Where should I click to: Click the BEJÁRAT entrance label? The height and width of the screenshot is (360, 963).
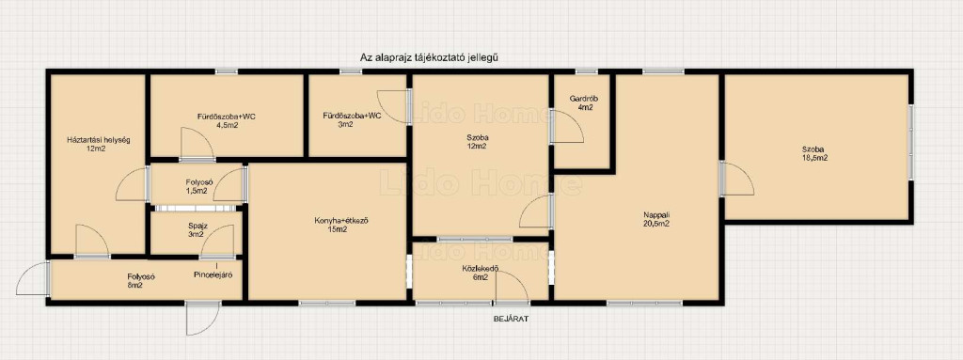point(511,319)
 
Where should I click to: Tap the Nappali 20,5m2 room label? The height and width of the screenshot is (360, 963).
point(655,219)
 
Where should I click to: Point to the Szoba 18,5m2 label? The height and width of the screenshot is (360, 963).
point(814,153)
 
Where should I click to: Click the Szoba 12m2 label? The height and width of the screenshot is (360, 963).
point(477,142)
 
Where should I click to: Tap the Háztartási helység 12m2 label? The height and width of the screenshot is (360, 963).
point(98,144)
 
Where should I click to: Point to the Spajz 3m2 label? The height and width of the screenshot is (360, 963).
point(197,229)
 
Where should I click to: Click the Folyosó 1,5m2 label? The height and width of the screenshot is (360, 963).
point(199,187)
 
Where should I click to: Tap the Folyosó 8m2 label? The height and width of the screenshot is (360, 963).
point(141,281)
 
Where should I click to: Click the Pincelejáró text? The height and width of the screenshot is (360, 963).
point(213,274)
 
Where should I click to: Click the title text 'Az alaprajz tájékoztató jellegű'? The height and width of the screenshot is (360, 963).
point(428,57)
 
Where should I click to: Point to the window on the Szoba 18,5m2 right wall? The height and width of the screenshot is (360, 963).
point(911,143)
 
